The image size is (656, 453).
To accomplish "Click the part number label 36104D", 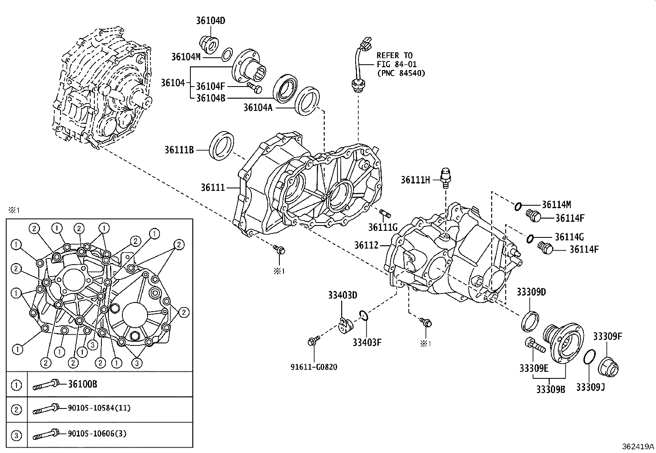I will [x=211, y=21].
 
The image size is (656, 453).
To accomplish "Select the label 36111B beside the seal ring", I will [x=179, y=150].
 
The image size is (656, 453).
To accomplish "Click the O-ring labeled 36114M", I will [x=518, y=205].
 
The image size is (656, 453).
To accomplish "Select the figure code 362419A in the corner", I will [x=638, y=446].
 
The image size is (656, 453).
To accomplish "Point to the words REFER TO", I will [x=394, y=55].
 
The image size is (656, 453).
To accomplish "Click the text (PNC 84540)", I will [x=401, y=73].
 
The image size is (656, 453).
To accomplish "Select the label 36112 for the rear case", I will [x=366, y=245].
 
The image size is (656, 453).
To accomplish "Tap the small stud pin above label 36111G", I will [x=385, y=213].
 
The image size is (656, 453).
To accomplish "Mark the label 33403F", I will [x=367, y=342].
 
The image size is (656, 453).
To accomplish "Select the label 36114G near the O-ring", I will [x=569, y=237].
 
